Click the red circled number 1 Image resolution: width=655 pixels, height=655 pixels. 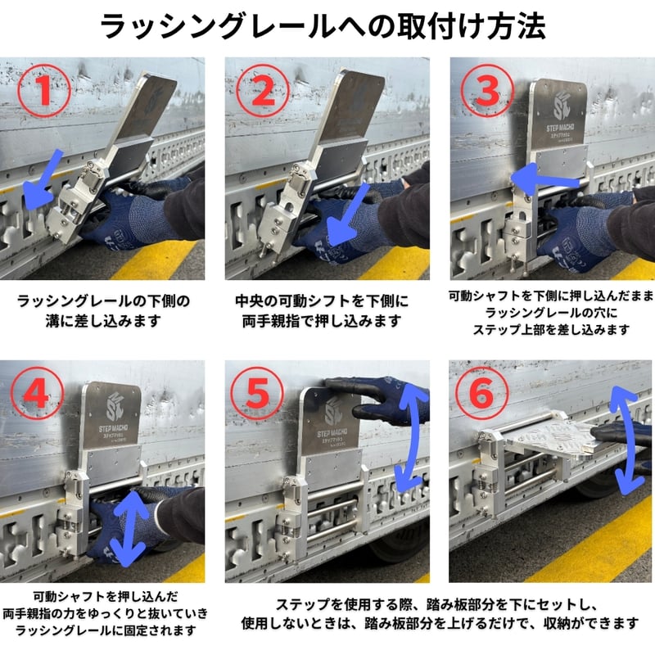[44, 90]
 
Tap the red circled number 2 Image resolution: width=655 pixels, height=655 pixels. [263, 91]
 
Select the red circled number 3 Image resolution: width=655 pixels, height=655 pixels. [487, 91]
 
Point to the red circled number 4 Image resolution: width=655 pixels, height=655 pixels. [37, 393]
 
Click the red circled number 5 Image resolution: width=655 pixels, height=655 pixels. [257, 394]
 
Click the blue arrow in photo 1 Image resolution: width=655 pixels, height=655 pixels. [42, 180]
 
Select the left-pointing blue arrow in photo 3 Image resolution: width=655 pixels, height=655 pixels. [544, 179]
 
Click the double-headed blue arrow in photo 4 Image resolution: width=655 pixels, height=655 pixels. [128, 527]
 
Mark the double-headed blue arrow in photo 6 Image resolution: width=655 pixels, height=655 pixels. [627, 440]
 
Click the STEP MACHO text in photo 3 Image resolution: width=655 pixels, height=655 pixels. [560, 128]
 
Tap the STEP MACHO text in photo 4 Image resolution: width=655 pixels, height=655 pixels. [113, 428]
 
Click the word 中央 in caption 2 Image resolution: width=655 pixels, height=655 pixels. [250, 301]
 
